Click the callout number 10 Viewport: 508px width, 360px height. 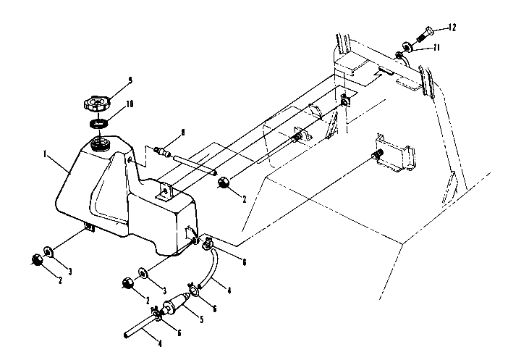[130, 104]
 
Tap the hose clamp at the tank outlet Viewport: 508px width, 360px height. [208, 244]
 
